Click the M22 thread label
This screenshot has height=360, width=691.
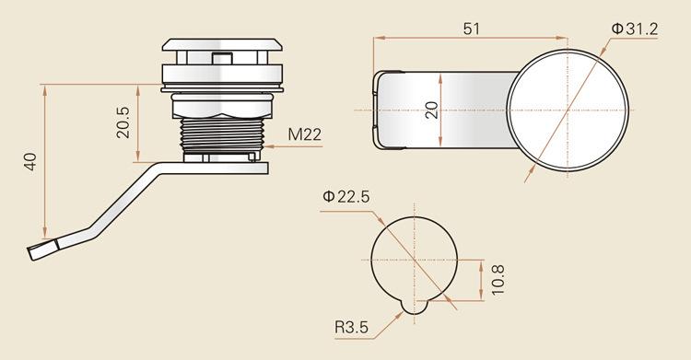pyautogui.click(x=305, y=134)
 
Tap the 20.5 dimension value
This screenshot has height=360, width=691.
pyautogui.click(x=123, y=122)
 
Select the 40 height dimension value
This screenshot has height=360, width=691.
pyautogui.click(x=30, y=161)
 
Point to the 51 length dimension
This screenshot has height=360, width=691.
pyautogui.click(x=471, y=29)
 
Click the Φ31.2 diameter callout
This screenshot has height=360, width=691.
pyautogui.click(x=635, y=29)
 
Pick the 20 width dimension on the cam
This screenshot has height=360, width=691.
pyautogui.click(x=432, y=110)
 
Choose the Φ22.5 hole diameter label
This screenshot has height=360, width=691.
pyautogui.click(x=345, y=196)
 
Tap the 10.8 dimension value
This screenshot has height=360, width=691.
pyautogui.click(x=498, y=280)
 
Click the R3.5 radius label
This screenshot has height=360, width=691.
pyautogui.click(x=351, y=328)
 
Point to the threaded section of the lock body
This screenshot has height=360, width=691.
pyautogui.click(x=222, y=134)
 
